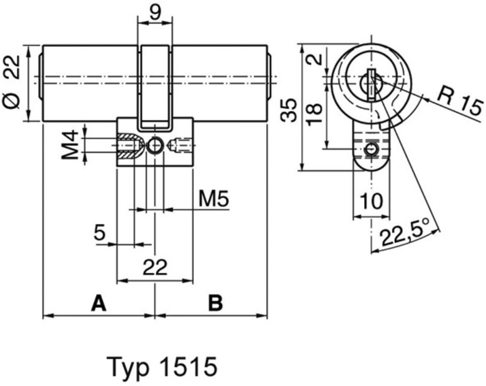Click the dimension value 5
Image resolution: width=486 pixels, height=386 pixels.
99,234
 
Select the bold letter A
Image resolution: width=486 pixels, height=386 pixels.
99,302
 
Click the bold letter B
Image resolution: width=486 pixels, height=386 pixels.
215,302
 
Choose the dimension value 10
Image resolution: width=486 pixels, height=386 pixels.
370,202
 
